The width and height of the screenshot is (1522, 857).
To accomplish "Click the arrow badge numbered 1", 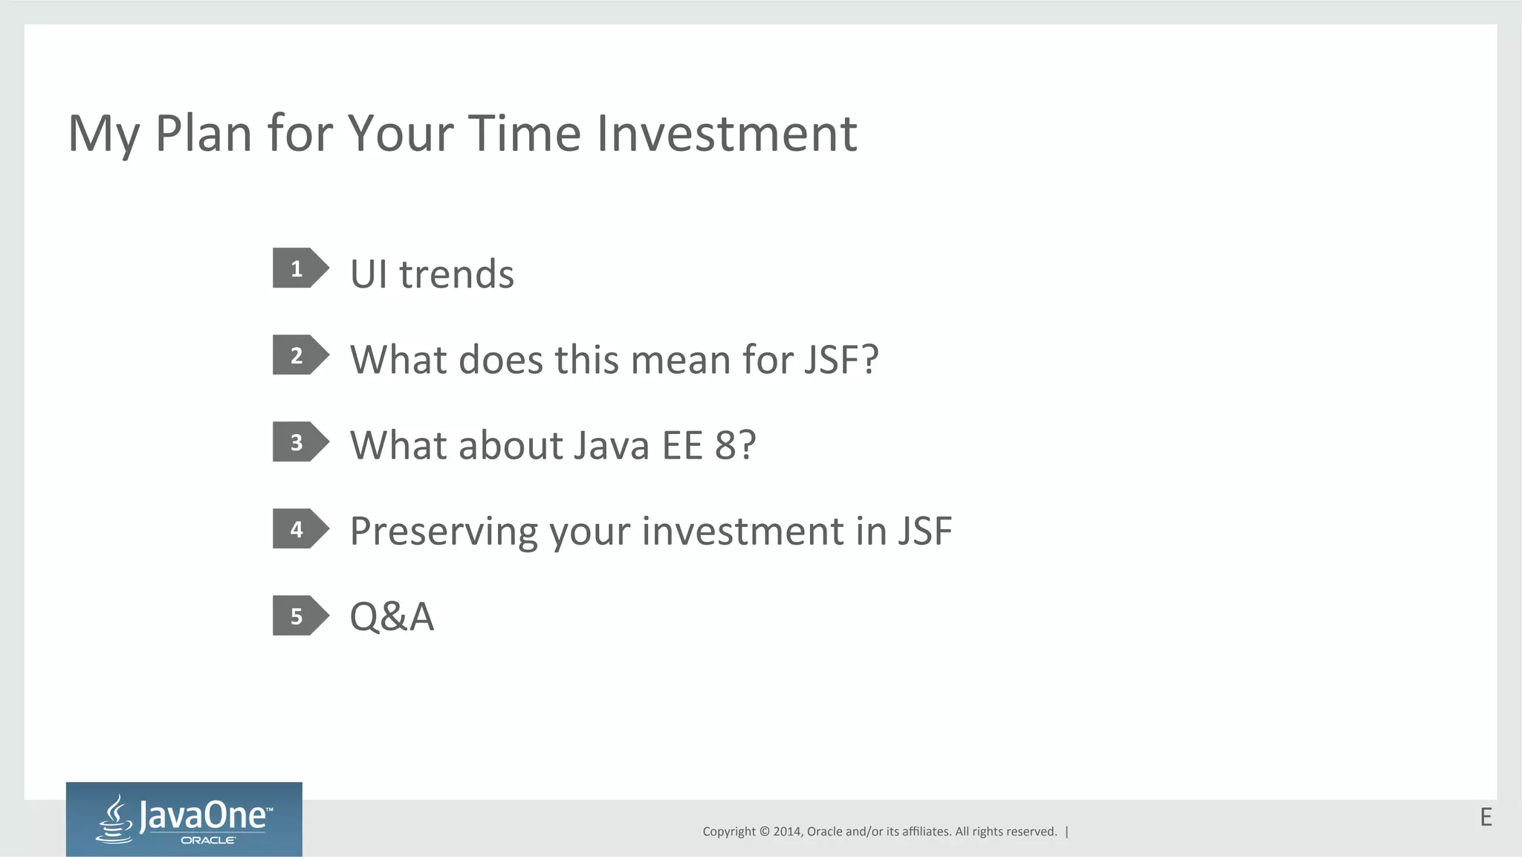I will pos(299,268).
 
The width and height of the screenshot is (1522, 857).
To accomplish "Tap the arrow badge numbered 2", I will pos(299,355).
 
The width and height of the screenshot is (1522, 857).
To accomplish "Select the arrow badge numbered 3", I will pos(299,442).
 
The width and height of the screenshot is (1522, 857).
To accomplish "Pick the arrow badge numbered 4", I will pos(299,529).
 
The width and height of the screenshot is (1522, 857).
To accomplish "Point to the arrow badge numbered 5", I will pos(299,616).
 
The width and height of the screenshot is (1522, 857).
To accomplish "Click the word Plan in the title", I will pos(204,134).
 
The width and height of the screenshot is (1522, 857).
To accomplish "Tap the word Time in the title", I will pos(525,134).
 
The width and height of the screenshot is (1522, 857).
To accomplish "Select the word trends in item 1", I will pos(456,274).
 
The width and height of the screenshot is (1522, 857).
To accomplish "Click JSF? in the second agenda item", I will pos(841,360).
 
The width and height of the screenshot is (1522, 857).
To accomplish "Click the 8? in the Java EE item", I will pos(735,445).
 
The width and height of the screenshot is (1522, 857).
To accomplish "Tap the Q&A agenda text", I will pos(392,617).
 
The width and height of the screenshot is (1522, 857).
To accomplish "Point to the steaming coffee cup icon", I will pos(115,820).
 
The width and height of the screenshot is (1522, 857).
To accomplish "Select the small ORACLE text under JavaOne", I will pos(208,841).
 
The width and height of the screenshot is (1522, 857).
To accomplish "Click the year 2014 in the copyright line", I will pos(787,832).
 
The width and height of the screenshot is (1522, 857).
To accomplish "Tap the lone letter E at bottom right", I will pos(1486,818).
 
